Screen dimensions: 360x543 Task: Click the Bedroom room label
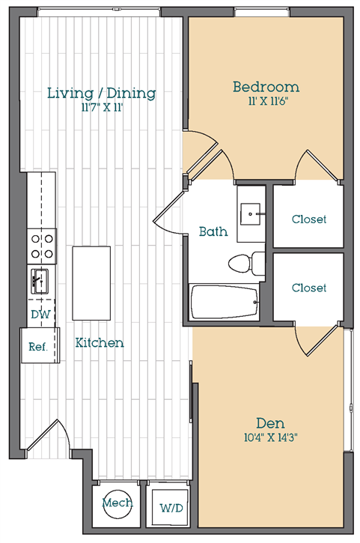(x=266, y=87)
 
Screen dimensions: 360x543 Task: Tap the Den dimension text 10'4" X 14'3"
(x=271, y=437)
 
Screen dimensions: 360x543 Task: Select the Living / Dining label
(x=102, y=93)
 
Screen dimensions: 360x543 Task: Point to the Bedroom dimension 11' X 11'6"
(x=268, y=101)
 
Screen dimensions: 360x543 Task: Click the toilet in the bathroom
(x=246, y=264)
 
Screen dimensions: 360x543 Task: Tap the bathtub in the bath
(x=225, y=302)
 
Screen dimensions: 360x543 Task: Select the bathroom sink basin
(x=250, y=213)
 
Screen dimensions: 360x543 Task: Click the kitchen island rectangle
(x=91, y=283)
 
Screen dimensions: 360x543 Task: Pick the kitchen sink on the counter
(x=40, y=281)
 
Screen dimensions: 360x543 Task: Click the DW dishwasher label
(x=40, y=315)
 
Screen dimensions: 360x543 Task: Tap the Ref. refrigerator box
(x=40, y=345)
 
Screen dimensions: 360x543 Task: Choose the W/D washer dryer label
(x=171, y=508)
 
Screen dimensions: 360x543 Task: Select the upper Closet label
(x=309, y=219)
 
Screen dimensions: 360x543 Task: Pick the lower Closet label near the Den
(x=309, y=288)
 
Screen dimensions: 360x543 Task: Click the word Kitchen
(x=100, y=342)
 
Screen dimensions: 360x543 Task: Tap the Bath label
(x=213, y=231)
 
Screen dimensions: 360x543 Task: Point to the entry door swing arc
(x=65, y=432)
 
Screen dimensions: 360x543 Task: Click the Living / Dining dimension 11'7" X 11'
(x=102, y=108)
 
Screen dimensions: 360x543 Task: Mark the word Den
(x=270, y=423)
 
